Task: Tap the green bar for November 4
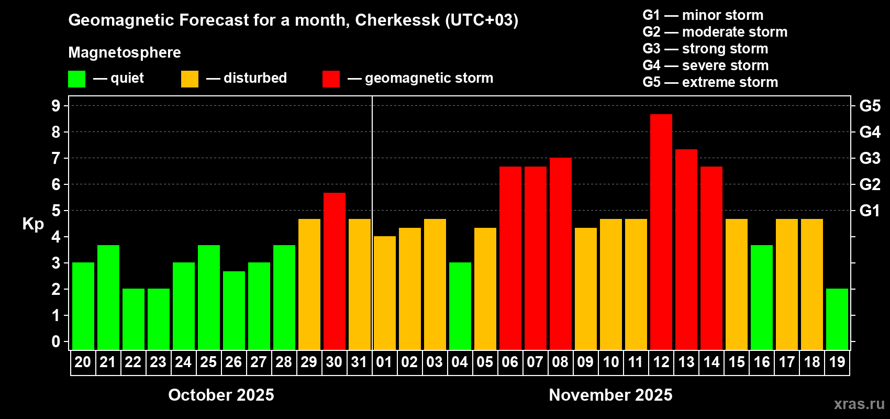(460, 306)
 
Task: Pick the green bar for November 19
(837, 319)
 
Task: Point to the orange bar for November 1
(385, 293)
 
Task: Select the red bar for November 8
(561, 253)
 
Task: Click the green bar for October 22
(133, 319)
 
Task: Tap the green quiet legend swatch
(77, 79)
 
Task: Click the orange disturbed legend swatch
(190, 79)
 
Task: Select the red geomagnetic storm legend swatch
(331, 79)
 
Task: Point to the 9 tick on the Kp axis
(56, 106)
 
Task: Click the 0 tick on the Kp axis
(56, 342)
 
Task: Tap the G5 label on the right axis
(870, 106)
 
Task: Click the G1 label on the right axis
(870, 211)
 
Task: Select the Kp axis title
(33, 224)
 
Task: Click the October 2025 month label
(221, 395)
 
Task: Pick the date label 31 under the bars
(359, 362)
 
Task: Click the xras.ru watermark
(859, 403)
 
